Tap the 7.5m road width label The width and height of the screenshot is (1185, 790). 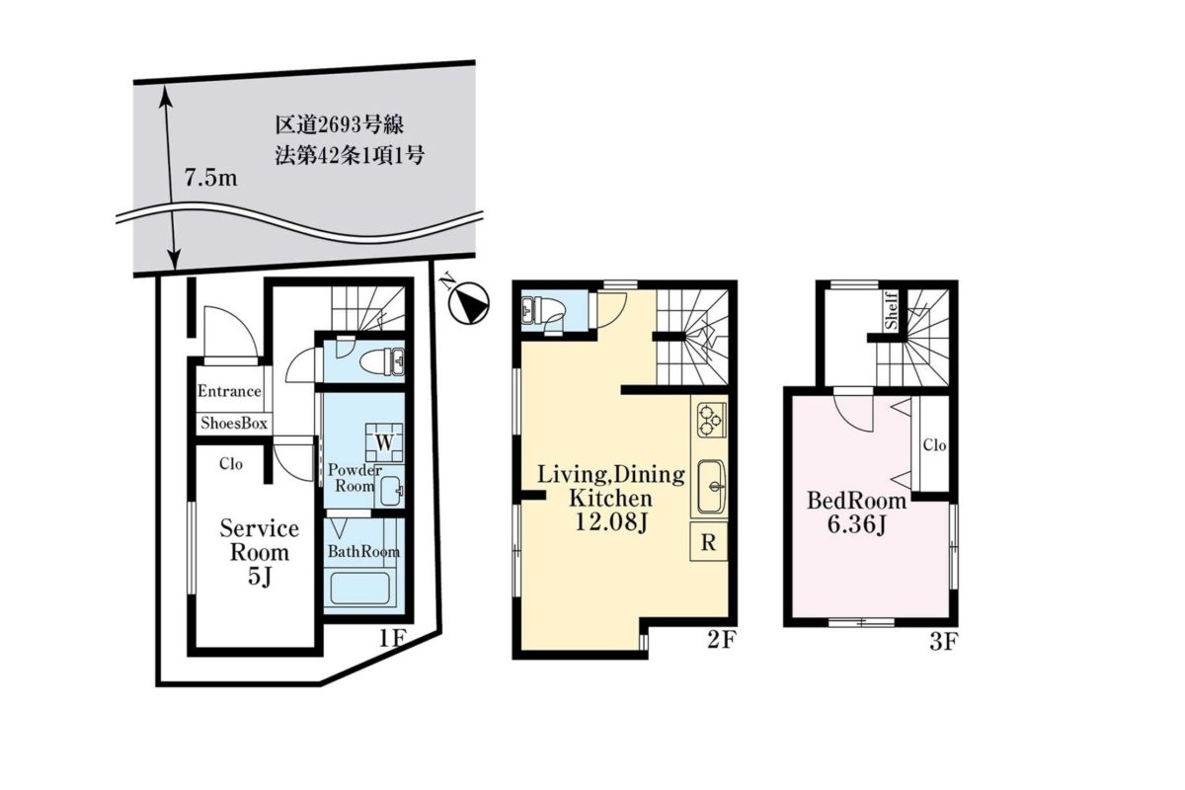[x=210, y=179]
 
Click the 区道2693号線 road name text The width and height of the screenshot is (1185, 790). [x=340, y=124]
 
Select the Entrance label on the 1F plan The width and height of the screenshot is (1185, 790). [x=229, y=391]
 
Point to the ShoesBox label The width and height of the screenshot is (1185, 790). [x=234, y=424]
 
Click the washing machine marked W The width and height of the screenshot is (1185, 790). [x=384, y=442]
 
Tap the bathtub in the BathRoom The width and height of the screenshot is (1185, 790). [x=360, y=590]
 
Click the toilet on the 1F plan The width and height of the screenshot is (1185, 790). [x=382, y=362]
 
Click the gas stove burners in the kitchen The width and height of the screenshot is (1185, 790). [x=709, y=420]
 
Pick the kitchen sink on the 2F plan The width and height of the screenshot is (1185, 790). [x=712, y=487]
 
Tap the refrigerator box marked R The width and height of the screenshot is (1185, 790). [x=708, y=542]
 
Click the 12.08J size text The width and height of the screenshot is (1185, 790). [x=611, y=522]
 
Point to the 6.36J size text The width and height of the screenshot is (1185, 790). [x=856, y=525]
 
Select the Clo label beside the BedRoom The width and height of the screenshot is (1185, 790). [x=935, y=445]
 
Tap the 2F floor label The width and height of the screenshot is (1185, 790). [x=722, y=640]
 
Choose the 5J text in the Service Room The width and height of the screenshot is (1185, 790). [x=259, y=578]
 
